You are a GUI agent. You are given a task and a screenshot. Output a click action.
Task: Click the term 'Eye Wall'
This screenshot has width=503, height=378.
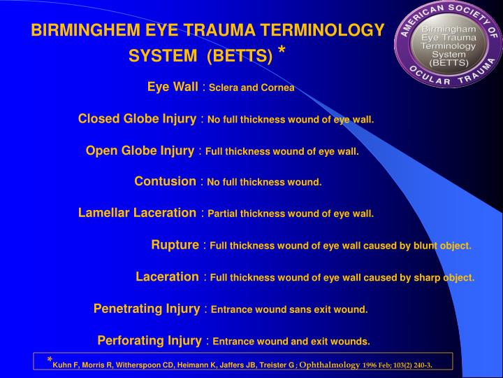coord(173,87)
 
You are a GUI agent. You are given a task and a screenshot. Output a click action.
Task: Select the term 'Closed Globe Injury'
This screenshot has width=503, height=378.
coord(137,118)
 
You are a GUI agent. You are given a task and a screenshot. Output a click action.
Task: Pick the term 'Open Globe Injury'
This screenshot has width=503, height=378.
coord(140,150)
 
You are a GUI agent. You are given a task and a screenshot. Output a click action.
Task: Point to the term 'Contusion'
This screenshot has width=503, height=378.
coord(165,181)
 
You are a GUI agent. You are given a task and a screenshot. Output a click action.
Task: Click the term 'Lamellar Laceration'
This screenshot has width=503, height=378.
coord(137,213)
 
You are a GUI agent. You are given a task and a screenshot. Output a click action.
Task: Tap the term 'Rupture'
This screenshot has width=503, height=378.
coord(175,245)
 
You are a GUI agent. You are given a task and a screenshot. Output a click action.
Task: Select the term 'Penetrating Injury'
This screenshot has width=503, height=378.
coord(147,308)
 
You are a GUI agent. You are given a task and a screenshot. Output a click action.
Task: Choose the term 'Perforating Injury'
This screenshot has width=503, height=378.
coord(150,341)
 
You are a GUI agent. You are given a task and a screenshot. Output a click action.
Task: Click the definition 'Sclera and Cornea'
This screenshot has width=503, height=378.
coord(251,88)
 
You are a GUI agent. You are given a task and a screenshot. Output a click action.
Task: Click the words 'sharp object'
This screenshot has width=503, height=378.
coord(445,277)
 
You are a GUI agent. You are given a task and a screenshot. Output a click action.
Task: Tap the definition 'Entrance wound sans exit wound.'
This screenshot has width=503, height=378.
coord(289,309)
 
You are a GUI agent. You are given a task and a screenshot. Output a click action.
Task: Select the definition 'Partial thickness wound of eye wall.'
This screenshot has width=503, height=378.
coord(291,213)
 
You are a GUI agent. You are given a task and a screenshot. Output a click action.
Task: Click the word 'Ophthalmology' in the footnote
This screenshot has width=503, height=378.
coord(330,365)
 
